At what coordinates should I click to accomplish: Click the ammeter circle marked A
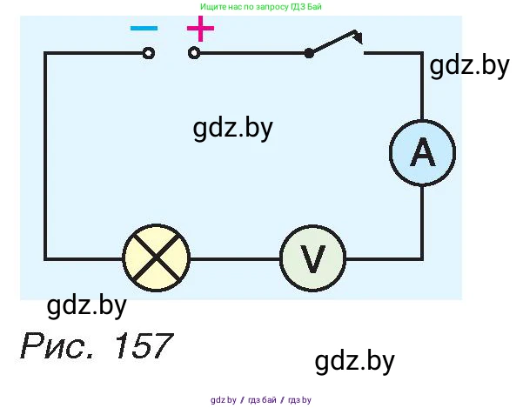click(421, 153)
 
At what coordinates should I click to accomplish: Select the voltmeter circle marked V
click(312, 258)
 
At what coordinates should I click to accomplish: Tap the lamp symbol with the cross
click(157, 258)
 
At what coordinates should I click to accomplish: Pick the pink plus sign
click(200, 30)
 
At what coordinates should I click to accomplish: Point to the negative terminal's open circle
click(149, 53)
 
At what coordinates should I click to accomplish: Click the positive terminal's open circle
click(193, 53)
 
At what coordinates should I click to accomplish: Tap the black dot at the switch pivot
click(309, 53)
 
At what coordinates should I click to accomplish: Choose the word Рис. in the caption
click(57, 347)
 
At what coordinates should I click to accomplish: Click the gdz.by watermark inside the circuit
click(233, 129)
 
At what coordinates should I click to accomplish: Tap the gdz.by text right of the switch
click(468, 67)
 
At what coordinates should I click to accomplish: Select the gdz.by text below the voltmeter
click(355, 360)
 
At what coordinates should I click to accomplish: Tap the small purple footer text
click(261, 400)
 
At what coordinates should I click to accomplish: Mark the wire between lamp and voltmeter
click(234, 258)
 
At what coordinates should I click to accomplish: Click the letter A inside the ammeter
click(421, 153)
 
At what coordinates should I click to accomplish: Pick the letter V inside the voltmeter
click(312, 258)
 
